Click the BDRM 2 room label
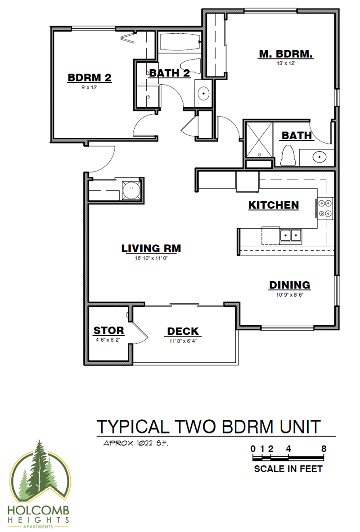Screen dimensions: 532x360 90,77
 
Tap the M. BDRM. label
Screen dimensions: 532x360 286,54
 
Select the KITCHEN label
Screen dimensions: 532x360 274,205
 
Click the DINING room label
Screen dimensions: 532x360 289,285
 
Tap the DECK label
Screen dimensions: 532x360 183,331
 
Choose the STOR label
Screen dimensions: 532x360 108,331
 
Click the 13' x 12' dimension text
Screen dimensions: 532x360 285,64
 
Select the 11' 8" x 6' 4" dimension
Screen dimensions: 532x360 182,341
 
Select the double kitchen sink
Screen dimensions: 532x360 291,234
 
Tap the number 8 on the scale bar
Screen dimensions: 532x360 324,449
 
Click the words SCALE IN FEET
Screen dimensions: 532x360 288,469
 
